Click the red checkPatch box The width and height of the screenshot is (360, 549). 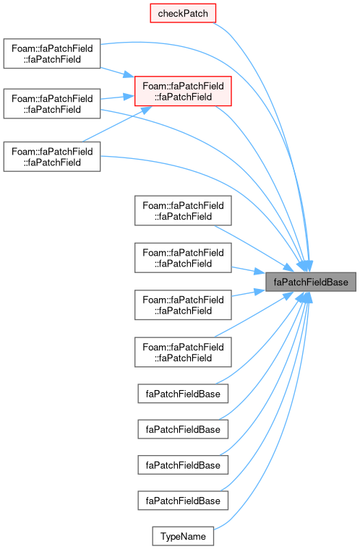183,13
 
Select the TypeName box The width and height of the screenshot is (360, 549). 183,536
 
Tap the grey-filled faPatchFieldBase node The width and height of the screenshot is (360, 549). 311,282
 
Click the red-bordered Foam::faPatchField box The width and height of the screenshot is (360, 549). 183,91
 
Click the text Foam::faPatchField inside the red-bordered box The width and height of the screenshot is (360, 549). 183,86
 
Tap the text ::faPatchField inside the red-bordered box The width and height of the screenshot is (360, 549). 183,97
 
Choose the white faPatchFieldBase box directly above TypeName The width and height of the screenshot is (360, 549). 183,501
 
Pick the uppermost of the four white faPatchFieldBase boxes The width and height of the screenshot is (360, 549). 183,394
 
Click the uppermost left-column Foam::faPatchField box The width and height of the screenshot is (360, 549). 52,53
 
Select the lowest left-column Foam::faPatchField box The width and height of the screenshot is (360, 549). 52,157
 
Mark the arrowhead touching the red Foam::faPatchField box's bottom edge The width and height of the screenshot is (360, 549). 145,110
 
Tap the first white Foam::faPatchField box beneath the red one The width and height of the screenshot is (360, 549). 183,210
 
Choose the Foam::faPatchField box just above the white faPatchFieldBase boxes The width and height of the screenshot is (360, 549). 183,352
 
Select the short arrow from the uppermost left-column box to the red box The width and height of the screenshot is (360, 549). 117,72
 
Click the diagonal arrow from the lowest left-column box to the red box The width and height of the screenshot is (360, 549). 116,124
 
